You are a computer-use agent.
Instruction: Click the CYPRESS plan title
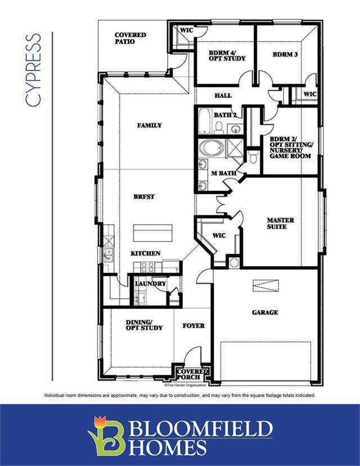click(x=33, y=70)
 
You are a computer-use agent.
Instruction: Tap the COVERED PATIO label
click(x=130, y=38)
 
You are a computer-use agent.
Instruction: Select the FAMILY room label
click(x=150, y=126)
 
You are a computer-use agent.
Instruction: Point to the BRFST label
click(x=144, y=197)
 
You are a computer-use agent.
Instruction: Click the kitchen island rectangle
click(x=152, y=233)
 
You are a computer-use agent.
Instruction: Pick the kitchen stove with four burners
click(x=147, y=267)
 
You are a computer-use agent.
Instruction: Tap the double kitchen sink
click(x=109, y=256)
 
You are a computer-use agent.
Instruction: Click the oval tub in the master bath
click(x=211, y=148)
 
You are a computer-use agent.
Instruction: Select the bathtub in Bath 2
click(x=204, y=121)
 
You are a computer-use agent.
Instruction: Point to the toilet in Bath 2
click(x=219, y=127)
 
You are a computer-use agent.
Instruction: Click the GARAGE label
click(x=265, y=312)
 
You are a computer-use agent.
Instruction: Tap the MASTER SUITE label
click(x=280, y=223)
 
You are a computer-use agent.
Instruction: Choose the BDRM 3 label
click(x=285, y=55)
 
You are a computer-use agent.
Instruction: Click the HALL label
click(x=223, y=96)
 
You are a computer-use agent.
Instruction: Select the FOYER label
click(x=193, y=326)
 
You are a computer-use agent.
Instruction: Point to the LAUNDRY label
click(x=151, y=284)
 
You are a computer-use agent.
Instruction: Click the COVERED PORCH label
click(x=192, y=374)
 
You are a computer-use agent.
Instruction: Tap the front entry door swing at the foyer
click(x=192, y=355)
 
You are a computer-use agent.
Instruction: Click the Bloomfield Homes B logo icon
click(x=106, y=436)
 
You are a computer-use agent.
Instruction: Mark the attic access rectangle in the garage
click(x=266, y=286)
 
